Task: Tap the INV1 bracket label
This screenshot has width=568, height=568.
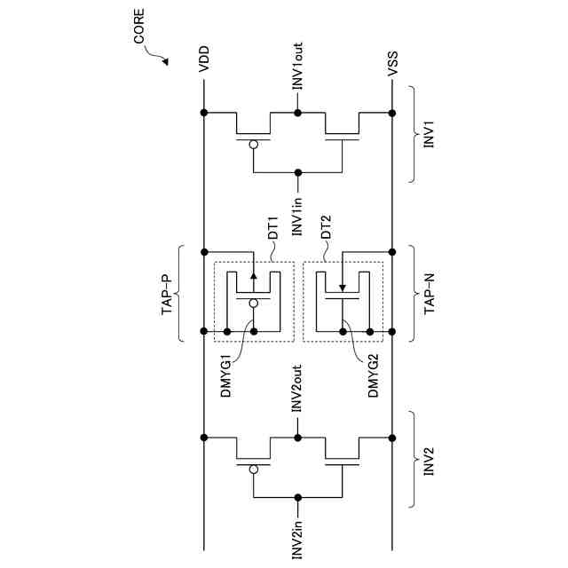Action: [429, 136]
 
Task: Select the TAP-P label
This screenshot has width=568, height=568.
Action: [167, 294]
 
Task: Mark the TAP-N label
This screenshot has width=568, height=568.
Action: [429, 294]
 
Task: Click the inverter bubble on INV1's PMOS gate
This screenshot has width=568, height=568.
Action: [254, 143]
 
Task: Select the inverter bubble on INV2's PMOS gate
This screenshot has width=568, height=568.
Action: [254, 467]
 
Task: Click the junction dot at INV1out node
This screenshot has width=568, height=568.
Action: [298, 113]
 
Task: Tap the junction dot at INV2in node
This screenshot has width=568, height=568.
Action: [298, 497]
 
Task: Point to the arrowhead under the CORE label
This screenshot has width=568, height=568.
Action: [164, 61]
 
